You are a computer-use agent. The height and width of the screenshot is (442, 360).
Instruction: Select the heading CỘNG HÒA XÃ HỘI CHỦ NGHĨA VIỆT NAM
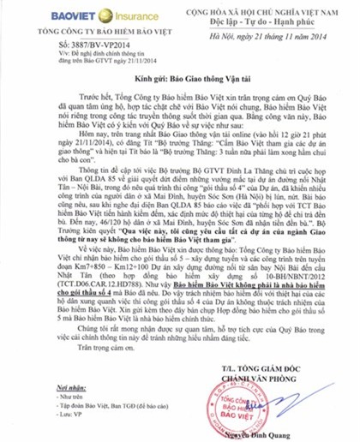coord(270,10)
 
